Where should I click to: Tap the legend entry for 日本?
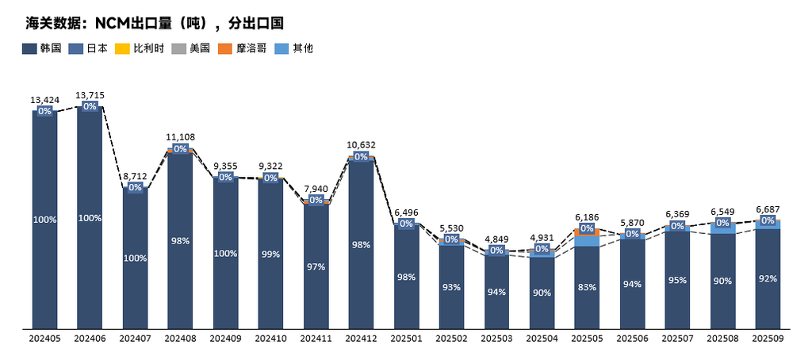90,48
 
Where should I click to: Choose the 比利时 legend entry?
143,48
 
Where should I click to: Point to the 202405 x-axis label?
44,339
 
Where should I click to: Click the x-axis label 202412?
361,339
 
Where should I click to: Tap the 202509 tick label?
768,339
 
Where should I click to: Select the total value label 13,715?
90,95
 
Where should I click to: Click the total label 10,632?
361,145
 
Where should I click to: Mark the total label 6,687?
768,209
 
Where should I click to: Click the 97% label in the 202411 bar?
316,266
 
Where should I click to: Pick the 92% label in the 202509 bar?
768,278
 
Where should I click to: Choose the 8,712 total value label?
135,176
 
